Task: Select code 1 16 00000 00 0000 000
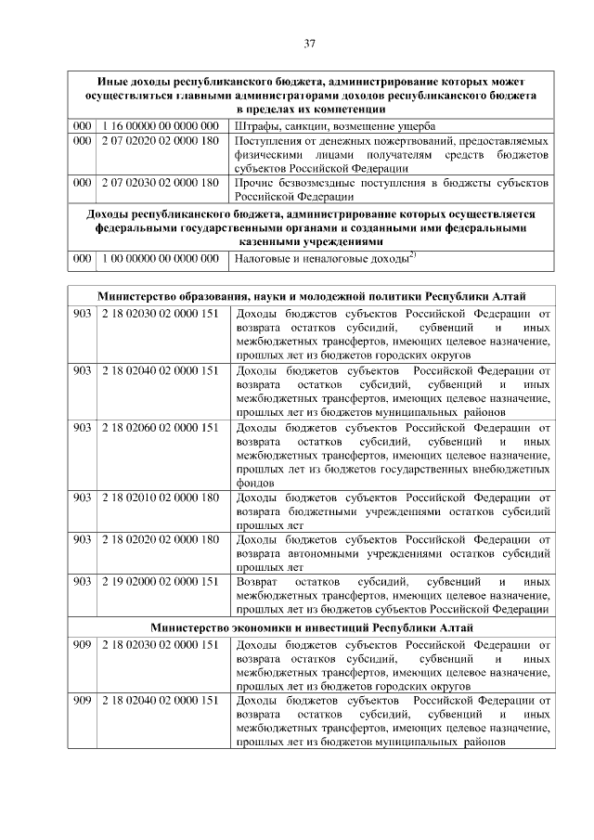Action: click(160, 125)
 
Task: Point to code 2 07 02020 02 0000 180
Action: click(160, 141)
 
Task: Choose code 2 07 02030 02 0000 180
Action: click(160, 183)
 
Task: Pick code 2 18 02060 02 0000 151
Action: click(160, 427)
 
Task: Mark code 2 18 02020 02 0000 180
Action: click(160, 538)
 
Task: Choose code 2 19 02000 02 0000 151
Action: click(160, 581)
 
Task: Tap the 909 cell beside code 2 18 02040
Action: click(83, 700)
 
